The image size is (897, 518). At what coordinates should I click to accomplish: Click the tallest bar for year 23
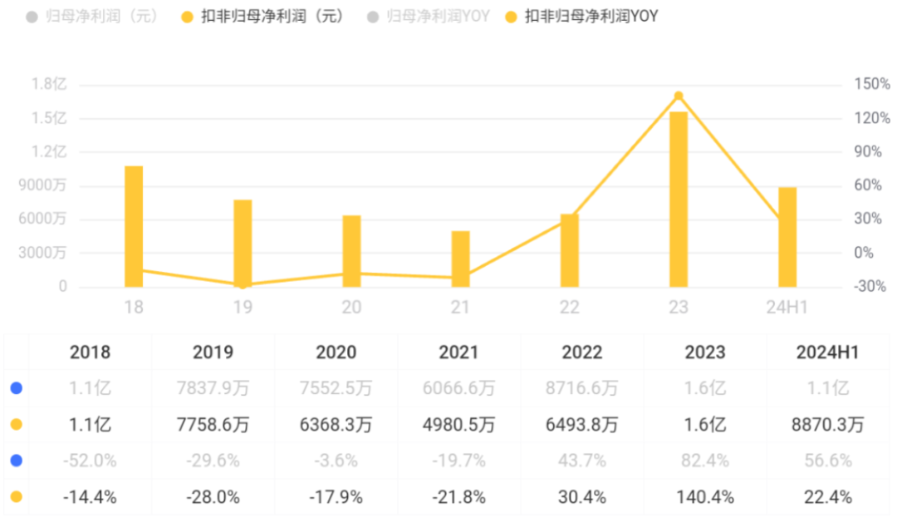click(679, 200)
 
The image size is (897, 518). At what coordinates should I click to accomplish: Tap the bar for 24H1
click(787, 237)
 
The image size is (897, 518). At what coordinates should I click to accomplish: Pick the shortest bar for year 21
click(461, 259)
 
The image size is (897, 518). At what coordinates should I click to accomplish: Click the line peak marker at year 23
click(679, 96)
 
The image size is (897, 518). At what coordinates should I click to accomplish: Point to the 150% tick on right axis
click(872, 84)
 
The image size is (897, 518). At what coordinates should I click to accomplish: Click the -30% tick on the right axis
click(870, 287)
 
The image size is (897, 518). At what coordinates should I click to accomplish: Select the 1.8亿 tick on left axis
click(49, 84)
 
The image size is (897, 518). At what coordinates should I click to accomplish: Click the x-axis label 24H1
click(787, 308)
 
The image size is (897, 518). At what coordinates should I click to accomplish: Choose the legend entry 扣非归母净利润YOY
click(591, 16)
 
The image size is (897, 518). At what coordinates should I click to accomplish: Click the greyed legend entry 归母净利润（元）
click(103, 16)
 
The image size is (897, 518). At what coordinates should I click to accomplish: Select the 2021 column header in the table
click(459, 353)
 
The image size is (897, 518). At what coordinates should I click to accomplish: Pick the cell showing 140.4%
click(705, 497)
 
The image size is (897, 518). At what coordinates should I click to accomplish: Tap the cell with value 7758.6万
click(213, 425)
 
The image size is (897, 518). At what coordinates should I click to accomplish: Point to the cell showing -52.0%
click(91, 461)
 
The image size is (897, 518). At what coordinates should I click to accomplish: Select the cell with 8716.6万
click(582, 388)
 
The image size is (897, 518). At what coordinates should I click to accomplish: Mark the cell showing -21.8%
click(459, 497)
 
